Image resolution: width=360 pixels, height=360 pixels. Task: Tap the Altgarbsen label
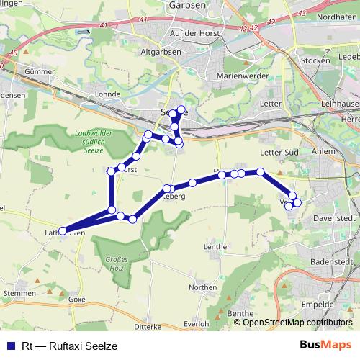(164, 52)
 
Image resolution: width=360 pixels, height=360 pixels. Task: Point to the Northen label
(202, 287)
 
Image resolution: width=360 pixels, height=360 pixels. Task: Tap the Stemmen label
(19, 294)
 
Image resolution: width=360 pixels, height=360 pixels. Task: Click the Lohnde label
(106, 94)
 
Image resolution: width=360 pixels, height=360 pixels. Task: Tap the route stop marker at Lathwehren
(63, 232)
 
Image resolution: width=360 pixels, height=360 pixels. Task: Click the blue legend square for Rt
(9, 346)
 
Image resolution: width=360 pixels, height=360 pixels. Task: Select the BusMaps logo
(325, 345)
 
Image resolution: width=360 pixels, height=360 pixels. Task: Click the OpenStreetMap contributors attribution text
(298, 323)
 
